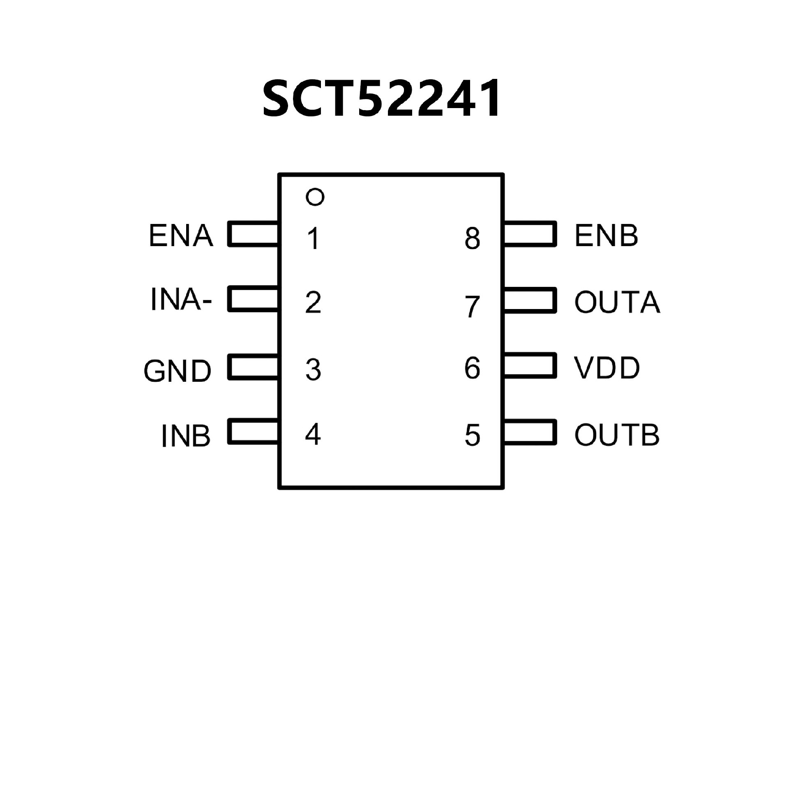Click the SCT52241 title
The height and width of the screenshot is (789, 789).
point(381,99)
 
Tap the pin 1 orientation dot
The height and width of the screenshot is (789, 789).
point(315,197)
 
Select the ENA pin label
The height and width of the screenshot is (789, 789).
point(181,236)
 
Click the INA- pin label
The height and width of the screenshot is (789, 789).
point(181,300)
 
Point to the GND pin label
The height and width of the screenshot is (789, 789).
point(178,371)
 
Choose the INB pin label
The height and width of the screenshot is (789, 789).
point(186,436)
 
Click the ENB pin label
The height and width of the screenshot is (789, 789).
point(606,236)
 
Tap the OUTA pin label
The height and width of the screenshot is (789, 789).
point(617,302)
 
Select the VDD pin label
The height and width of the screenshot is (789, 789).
point(607,368)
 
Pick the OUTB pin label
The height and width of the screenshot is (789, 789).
point(617,435)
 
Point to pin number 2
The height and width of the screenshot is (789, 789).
point(313,303)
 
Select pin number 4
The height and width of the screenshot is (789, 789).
point(313,434)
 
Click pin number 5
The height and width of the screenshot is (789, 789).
point(473,435)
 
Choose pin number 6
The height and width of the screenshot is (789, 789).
point(472,368)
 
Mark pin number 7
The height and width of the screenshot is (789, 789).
point(473,307)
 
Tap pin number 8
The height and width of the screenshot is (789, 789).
point(473,239)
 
